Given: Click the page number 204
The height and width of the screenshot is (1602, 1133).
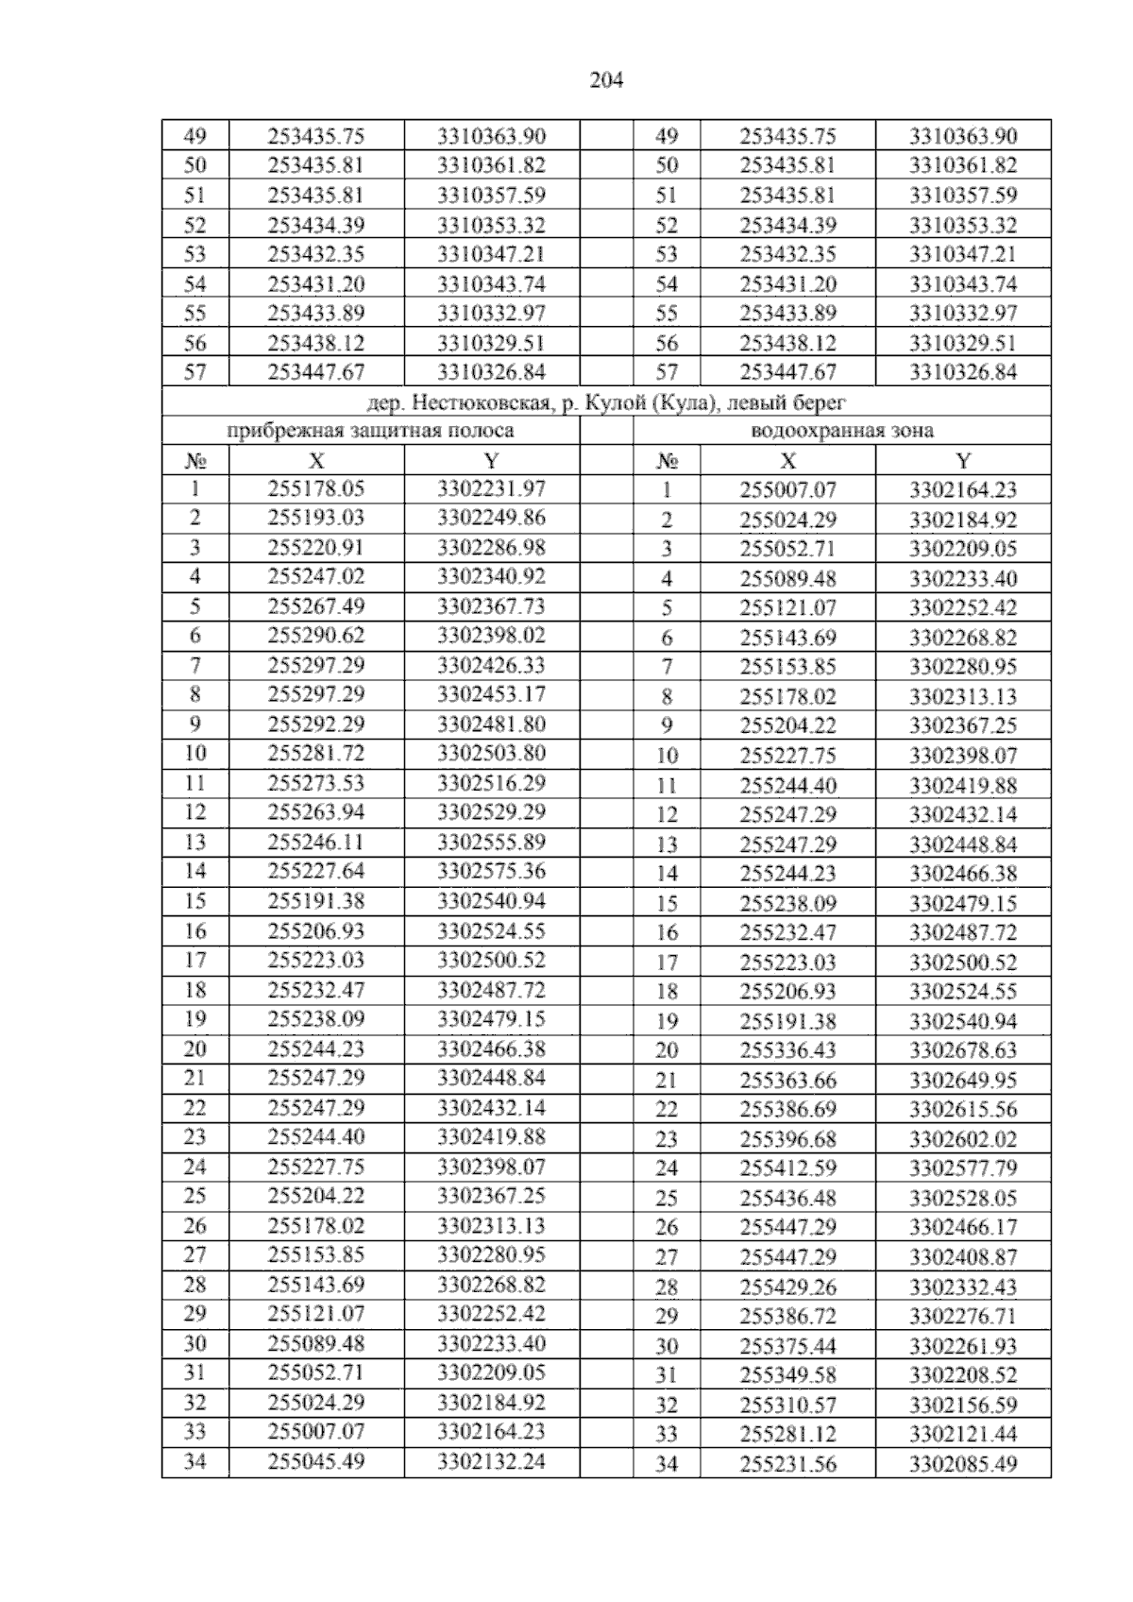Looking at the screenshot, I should click(606, 81).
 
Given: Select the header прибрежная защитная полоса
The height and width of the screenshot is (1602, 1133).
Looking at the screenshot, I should click(370, 431).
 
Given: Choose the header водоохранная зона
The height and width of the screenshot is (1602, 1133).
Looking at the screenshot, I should click(841, 431).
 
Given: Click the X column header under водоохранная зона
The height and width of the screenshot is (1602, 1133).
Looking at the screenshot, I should click(787, 461).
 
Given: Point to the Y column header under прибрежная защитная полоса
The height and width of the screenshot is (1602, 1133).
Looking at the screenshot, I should click(491, 461).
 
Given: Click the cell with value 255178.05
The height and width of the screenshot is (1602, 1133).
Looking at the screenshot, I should click(316, 489).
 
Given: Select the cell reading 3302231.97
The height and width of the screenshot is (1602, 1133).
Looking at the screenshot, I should click(491, 489).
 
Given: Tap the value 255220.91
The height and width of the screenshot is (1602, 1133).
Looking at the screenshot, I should click(316, 548).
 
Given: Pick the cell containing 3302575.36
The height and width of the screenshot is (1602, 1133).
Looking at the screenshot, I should click(491, 871).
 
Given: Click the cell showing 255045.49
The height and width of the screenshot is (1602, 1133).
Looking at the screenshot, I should click(316, 1461).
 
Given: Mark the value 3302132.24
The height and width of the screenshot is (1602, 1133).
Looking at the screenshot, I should click(491, 1461).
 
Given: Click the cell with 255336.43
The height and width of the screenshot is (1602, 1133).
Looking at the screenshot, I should click(787, 1050).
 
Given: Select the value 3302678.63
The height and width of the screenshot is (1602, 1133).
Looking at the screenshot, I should click(963, 1050).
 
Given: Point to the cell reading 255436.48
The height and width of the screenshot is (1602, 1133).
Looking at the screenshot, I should click(787, 1199).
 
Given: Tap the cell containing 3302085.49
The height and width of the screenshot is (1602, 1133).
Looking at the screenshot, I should click(963, 1464).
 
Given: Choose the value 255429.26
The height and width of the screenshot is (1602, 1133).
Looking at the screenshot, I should click(787, 1287).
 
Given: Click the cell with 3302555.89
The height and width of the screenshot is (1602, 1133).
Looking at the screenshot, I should click(491, 842).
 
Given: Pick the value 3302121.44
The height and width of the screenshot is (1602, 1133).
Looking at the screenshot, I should click(963, 1434).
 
